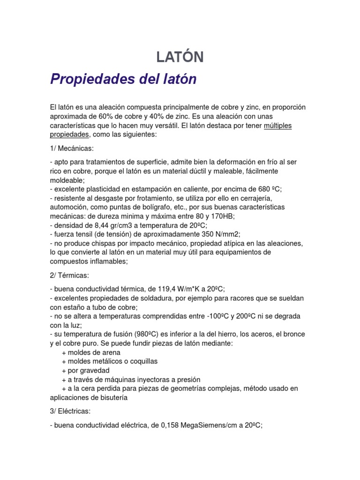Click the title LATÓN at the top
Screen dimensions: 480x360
(x=180, y=57)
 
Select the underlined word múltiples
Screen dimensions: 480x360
(x=277, y=125)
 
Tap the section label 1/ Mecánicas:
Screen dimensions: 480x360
(x=72, y=149)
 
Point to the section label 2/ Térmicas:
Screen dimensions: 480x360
(x=69, y=276)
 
